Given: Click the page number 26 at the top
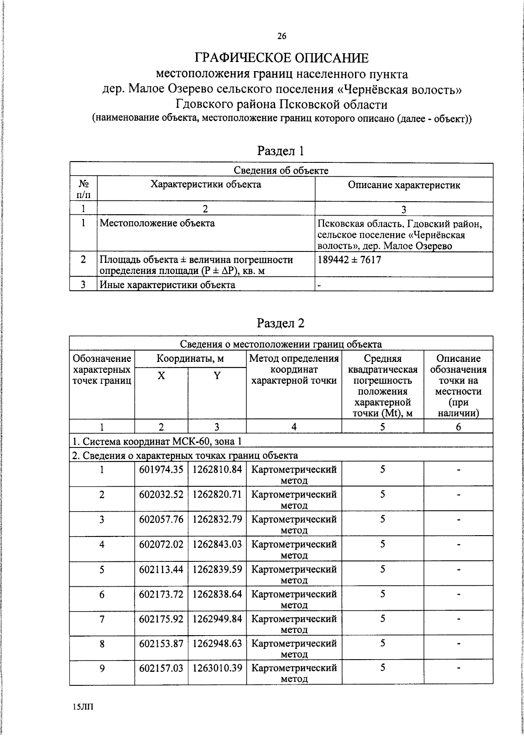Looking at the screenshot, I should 282,37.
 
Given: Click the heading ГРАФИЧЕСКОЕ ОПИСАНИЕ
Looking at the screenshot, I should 282,58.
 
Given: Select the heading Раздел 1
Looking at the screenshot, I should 280,151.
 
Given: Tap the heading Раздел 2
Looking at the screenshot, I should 280,323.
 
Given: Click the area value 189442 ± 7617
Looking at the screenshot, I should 349,260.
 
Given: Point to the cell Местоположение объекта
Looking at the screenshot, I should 157,223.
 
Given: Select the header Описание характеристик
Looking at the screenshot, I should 404,185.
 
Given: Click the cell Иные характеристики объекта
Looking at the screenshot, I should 167,285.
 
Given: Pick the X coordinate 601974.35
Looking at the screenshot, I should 161,470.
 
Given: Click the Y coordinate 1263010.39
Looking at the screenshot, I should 217,668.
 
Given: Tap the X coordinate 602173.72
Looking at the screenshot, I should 161,594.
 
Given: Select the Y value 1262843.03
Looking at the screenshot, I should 217,544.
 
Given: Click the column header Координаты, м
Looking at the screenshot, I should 190,359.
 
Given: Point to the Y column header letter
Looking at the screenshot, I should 217,376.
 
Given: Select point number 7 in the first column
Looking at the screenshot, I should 102,619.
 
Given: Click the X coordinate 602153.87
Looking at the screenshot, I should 161,643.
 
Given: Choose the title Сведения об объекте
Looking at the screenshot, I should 281,170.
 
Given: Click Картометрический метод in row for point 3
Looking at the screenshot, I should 294,524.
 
